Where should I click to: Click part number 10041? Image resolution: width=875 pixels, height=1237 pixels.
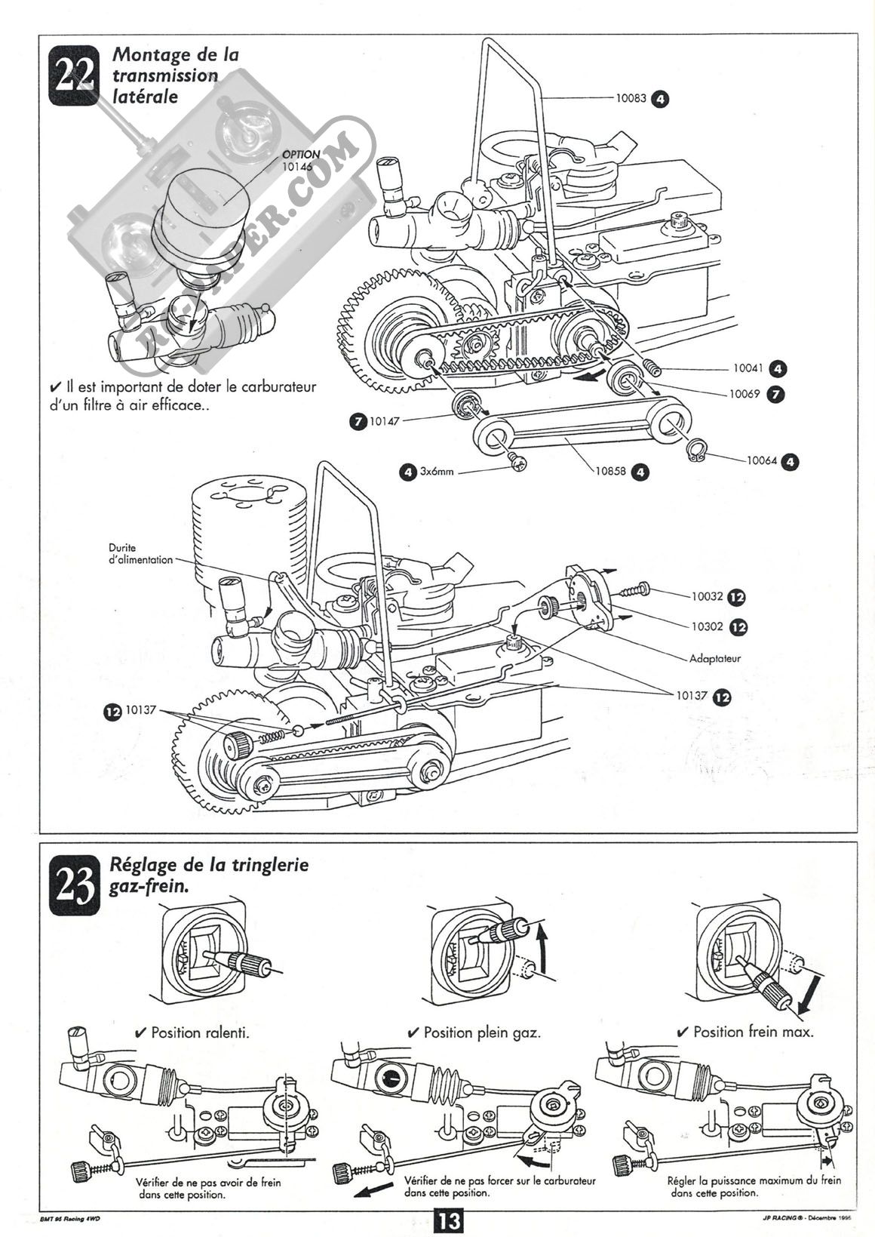[x=748, y=369]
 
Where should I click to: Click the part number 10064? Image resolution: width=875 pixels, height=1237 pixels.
[x=763, y=460]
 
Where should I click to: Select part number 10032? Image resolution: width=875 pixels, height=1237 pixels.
[x=708, y=596]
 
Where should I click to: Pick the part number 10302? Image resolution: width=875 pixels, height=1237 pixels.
[x=708, y=626]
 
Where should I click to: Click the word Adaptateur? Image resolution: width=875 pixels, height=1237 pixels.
[x=715, y=658]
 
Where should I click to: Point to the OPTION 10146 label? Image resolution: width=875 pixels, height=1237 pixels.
[x=300, y=159]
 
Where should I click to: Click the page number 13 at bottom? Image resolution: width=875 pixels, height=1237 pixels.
[x=449, y=1219]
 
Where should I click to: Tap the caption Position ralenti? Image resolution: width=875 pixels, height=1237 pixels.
[x=200, y=1032]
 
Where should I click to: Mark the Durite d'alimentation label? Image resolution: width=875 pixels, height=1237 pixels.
[x=140, y=554]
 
